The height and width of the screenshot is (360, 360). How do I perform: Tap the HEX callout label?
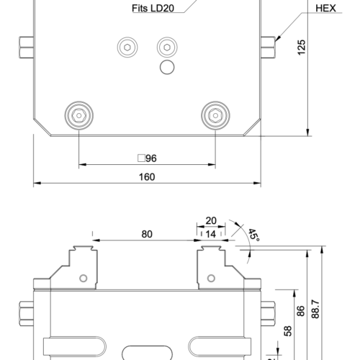pos(326,9)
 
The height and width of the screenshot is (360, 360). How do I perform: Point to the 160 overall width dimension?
pos(146,176)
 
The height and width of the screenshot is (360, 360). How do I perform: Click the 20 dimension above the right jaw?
pos(211,221)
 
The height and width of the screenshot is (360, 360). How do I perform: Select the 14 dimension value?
pos(211,234)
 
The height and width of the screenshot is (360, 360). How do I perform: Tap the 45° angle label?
pos(253,235)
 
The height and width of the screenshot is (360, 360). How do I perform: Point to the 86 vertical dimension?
pos(302,311)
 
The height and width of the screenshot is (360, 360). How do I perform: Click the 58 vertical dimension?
pos(287,330)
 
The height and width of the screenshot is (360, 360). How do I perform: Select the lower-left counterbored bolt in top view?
pos(78,114)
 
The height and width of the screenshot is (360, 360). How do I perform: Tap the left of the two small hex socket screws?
pos(127,48)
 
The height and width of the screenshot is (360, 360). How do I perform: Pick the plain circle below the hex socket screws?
pos(167,68)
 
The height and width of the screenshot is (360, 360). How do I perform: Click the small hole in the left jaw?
pos(84,278)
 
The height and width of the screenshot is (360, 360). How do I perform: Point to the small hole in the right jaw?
pos(210,278)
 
